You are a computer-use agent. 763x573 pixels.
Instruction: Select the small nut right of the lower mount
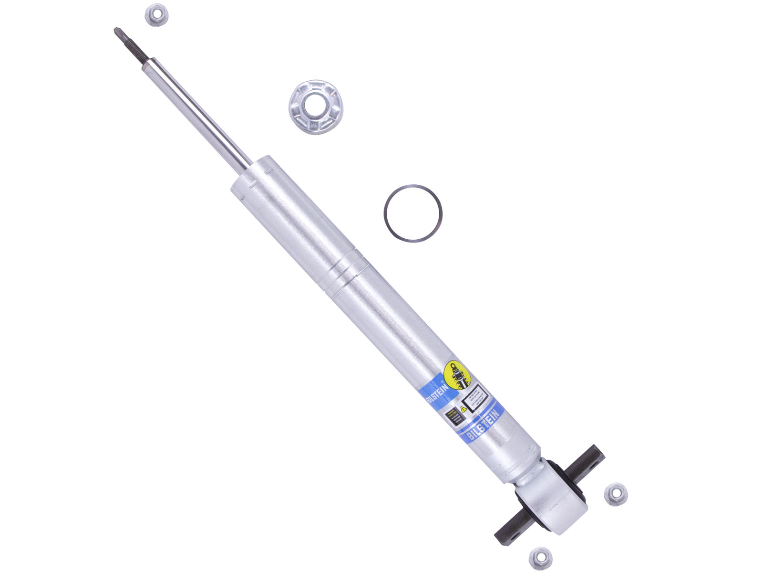615,494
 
